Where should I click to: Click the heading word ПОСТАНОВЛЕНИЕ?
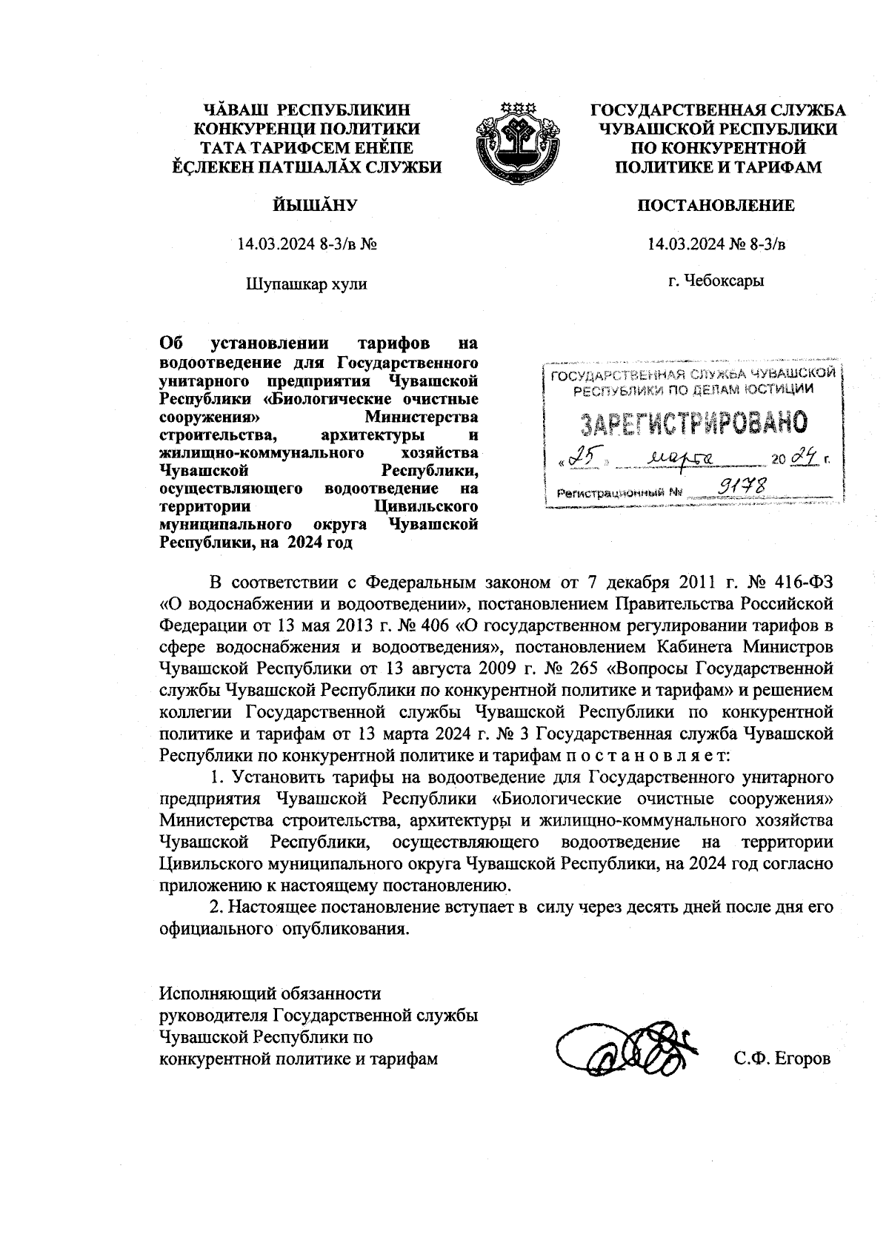point(716,205)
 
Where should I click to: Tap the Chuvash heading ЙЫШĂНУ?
point(306,205)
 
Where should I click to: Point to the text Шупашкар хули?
point(306,283)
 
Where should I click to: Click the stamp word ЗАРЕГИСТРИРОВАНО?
point(693,423)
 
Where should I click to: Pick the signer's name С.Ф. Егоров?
point(782,1059)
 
